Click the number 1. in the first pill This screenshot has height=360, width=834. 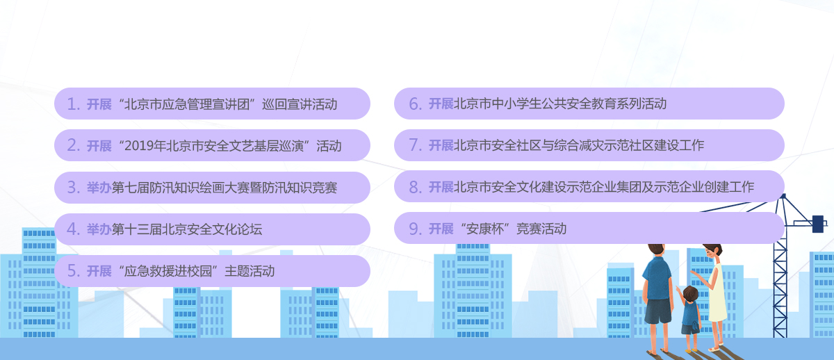coord(74,104)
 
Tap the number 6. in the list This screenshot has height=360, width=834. coord(415,104)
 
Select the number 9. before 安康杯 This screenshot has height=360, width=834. coord(415,229)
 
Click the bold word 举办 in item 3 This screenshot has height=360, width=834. coord(99,188)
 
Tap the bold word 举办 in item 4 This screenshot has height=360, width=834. coord(99,229)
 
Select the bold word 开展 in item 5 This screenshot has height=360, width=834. coord(99,271)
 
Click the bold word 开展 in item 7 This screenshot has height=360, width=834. coord(441,145)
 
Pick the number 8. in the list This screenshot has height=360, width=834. coord(415,187)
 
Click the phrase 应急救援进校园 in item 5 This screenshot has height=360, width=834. coord(168,271)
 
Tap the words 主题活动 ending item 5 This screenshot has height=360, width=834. coord(250,271)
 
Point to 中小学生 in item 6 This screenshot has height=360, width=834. coord(516,104)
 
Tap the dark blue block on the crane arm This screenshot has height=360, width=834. coord(817,224)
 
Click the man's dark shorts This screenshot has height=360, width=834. coord(658,311)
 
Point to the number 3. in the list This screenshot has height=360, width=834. coord(74,188)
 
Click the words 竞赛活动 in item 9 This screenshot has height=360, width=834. coord(541,229)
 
